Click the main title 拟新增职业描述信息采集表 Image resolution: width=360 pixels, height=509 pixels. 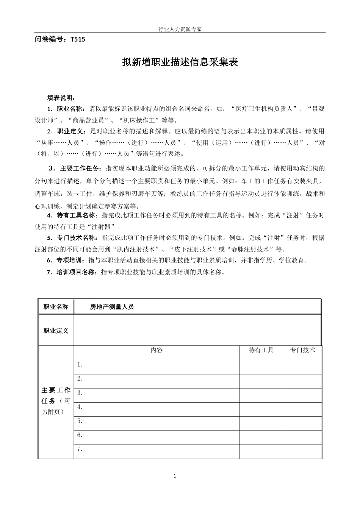(180, 62)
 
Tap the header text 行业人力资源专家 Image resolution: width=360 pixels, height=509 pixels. (180, 29)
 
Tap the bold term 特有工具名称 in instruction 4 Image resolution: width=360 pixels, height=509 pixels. (77, 215)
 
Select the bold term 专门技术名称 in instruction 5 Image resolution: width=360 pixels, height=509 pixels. (77, 238)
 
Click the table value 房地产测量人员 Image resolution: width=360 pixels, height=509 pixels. (112, 307)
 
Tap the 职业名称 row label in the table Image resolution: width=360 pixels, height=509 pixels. (56, 307)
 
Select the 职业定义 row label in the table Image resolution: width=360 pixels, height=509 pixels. (56, 331)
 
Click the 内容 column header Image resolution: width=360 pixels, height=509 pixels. (157, 350)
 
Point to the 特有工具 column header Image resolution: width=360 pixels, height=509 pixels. (261, 350)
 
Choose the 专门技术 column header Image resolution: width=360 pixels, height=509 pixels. (302, 350)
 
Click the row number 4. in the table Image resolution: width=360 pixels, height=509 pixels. (80, 407)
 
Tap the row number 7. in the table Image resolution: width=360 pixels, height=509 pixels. (80, 450)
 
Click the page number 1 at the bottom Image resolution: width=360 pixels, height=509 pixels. (175, 476)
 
